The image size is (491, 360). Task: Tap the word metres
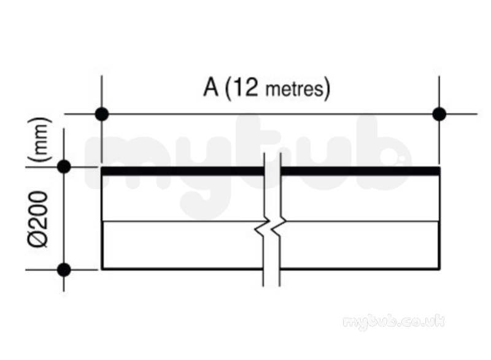click(293, 89)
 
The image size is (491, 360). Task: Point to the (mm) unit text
click(39, 139)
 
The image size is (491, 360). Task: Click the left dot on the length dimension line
click(102, 114)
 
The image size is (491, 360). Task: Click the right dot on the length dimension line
click(439, 114)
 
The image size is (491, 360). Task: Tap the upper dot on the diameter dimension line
click(64, 166)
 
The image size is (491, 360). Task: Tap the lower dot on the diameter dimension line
click(64, 270)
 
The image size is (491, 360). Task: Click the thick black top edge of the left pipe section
click(183, 171)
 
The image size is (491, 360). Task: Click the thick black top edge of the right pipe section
click(361, 171)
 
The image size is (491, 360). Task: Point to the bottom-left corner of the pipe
click(102, 269)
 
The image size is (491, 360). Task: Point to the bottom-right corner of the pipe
click(439, 269)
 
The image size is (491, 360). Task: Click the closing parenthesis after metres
click(327, 89)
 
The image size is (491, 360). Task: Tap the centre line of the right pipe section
click(361, 221)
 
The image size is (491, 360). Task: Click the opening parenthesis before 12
click(228, 89)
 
